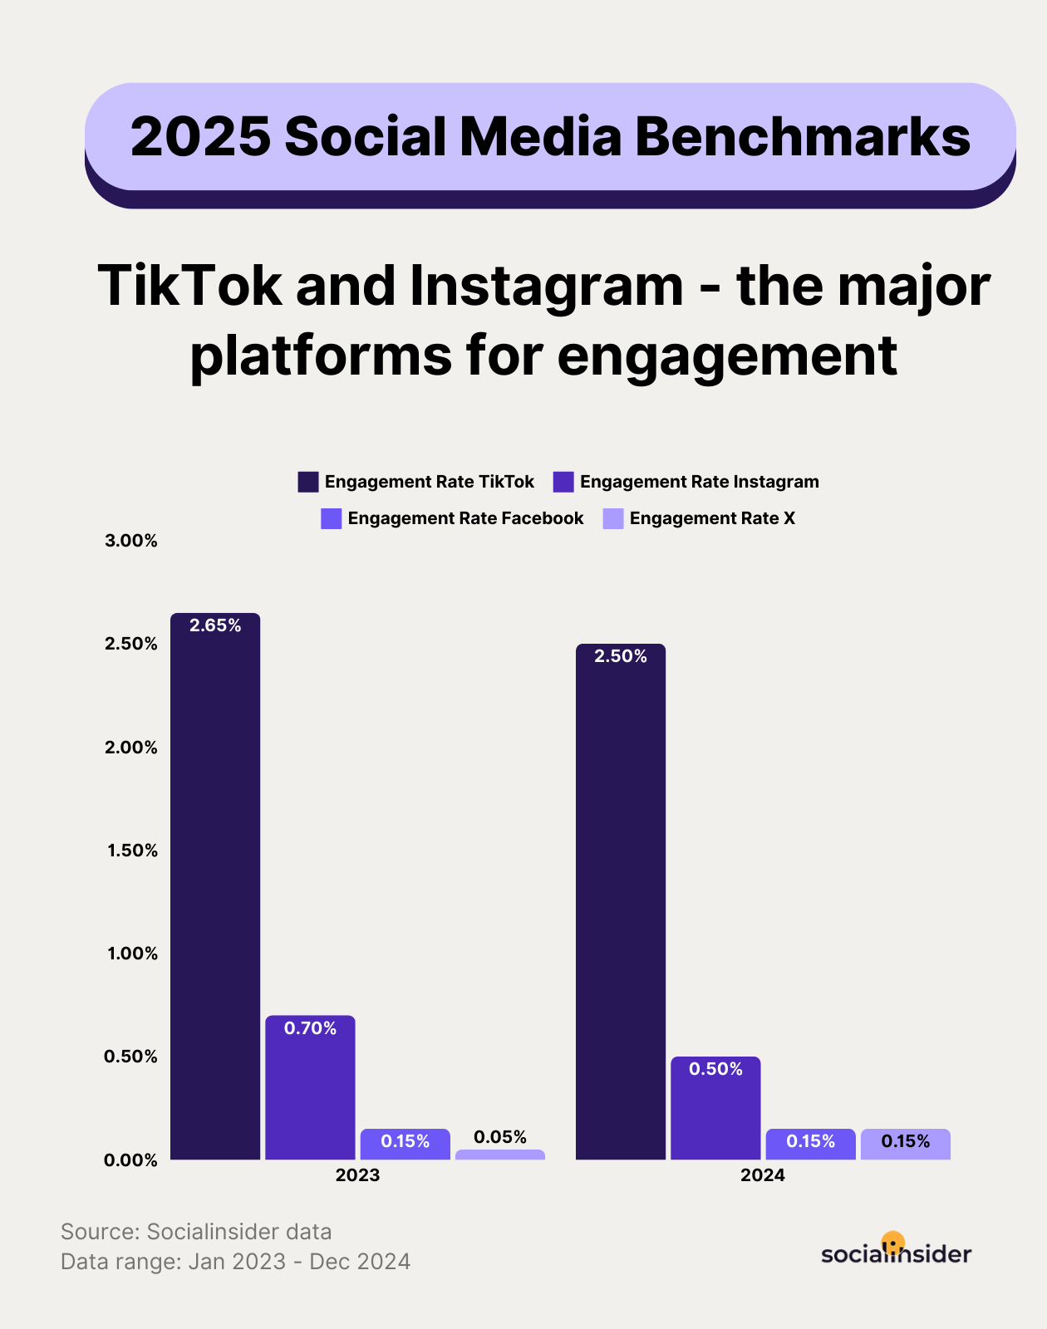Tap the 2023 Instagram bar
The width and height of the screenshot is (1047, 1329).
tap(310, 1087)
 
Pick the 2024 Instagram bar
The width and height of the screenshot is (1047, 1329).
tap(715, 1108)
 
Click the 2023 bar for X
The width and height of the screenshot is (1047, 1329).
tap(500, 1155)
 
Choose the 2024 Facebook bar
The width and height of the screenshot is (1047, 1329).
tap(810, 1144)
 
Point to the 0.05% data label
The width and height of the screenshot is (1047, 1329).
tap(500, 1136)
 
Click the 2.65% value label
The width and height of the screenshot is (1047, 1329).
tap(215, 625)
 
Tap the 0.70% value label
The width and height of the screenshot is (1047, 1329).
tap(310, 1028)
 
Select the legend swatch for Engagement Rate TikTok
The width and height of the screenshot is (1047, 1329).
tap(308, 482)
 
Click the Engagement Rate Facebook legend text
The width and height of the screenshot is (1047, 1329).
tap(465, 518)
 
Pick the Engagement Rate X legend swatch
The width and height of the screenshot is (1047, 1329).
tap(613, 518)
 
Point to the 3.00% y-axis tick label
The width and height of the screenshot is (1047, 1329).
tap(131, 541)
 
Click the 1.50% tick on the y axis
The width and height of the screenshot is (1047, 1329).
tap(131, 850)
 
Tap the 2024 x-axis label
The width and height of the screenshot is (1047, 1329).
tap(763, 1175)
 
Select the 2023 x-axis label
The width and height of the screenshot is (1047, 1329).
tap(357, 1175)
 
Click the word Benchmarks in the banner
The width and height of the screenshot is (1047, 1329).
tap(803, 136)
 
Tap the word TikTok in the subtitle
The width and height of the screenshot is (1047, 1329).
tap(189, 286)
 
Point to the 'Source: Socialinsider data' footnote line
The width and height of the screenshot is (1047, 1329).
tap(196, 1231)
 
